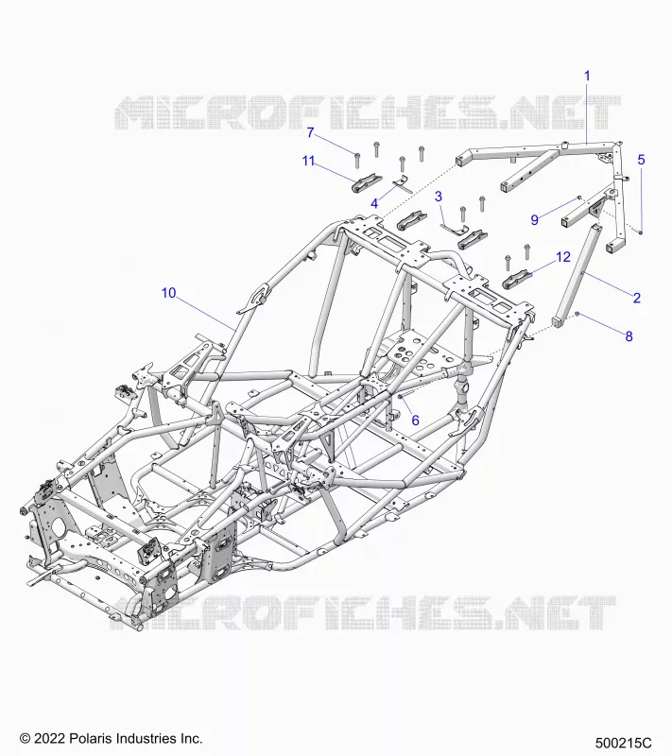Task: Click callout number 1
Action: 587,76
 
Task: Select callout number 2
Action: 637,298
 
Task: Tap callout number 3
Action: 439,197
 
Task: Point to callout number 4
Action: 374,203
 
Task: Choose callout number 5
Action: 641,160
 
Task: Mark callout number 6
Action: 415,421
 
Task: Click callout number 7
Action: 310,132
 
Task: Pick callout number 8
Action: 629,336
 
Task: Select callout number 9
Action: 535,220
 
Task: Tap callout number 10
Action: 169,293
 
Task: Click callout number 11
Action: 308,161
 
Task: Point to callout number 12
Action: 563,257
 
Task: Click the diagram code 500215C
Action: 623,743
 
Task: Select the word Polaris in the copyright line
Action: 88,738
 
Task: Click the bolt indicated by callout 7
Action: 357,160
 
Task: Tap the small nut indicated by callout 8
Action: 577,315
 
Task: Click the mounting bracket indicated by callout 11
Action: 369,182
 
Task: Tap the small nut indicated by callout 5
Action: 641,232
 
